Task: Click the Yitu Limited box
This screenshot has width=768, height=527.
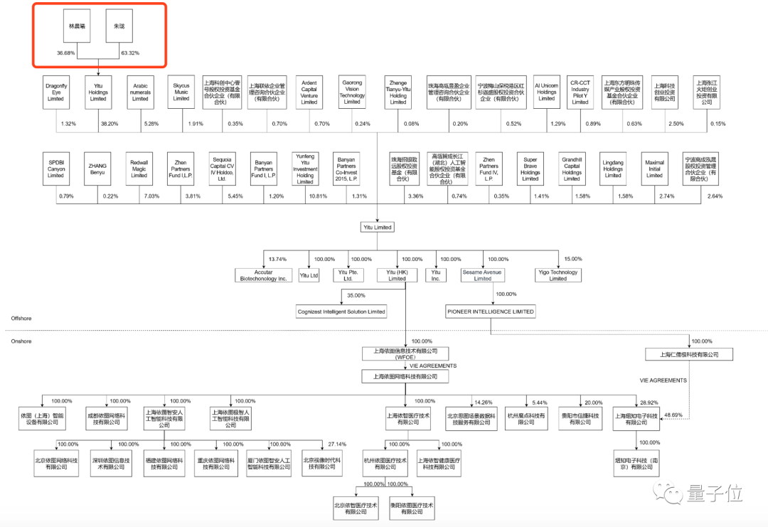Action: [x=378, y=228]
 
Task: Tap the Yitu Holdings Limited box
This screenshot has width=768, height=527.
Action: [x=98, y=92]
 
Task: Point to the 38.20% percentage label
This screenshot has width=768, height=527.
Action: [x=108, y=124]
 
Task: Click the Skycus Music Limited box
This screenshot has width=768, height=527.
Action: [x=181, y=92]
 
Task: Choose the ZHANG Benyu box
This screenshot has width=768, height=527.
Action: [x=97, y=169]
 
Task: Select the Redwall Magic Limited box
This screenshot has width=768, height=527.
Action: [x=139, y=169]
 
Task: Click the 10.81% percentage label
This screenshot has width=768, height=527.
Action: [x=316, y=196]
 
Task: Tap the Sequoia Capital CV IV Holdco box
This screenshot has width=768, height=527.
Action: [x=222, y=169]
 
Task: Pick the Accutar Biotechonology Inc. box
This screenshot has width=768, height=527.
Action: [x=263, y=275]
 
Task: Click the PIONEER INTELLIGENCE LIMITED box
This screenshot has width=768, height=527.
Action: [x=491, y=312]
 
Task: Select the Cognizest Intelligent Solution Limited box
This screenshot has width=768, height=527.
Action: [x=341, y=312]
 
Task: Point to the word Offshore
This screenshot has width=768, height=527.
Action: [x=21, y=318]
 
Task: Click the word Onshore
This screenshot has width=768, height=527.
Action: [x=21, y=341]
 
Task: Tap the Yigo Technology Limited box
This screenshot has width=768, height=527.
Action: [x=558, y=275]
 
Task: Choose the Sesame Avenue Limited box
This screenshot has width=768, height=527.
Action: [x=483, y=275]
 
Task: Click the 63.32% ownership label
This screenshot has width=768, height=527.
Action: [x=130, y=53]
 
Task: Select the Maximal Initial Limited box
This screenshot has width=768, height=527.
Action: [x=654, y=169]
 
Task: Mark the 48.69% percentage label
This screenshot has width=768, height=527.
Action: [x=673, y=415]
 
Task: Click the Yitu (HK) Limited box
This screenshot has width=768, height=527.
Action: [x=397, y=275]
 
